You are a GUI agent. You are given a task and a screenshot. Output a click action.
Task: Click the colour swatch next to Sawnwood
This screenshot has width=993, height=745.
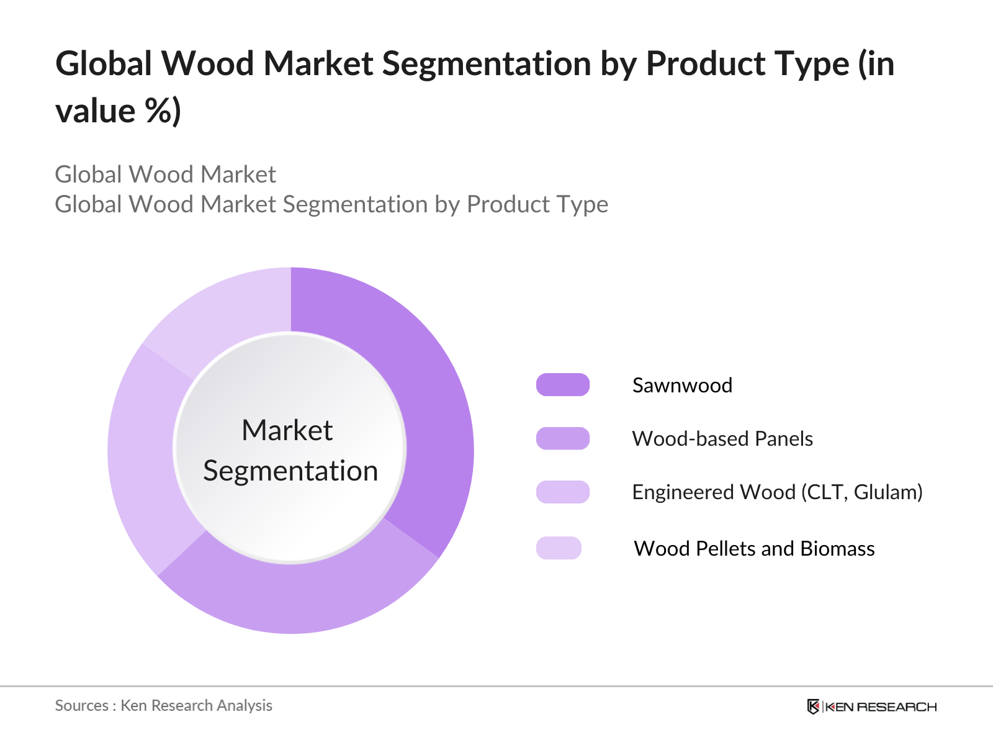pyautogui.click(x=563, y=384)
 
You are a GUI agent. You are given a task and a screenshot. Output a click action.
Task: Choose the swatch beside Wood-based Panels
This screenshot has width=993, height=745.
pyautogui.click(x=563, y=438)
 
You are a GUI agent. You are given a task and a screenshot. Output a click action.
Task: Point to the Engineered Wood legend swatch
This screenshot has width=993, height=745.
pyautogui.click(x=563, y=492)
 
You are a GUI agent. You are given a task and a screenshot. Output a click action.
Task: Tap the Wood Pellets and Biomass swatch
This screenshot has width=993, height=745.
pyautogui.click(x=559, y=548)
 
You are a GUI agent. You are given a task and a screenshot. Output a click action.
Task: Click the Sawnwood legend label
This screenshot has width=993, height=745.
pyautogui.click(x=682, y=386)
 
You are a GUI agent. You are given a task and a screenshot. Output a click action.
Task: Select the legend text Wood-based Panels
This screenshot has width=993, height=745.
pyautogui.click(x=722, y=439)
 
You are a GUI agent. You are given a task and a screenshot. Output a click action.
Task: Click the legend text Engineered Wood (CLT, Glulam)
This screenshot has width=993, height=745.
pyautogui.click(x=777, y=492)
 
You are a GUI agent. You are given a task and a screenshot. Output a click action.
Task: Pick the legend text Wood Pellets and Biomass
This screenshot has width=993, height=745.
pyautogui.click(x=754, y=549)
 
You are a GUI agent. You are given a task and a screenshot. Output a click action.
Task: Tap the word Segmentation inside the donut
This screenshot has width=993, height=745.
pyautogui.click(x=290, y=471)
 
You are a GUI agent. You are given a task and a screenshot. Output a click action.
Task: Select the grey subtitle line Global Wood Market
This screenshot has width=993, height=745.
pyautogui.click(x=165, y=174)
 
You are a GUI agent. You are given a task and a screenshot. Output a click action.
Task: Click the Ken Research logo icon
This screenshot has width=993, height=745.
pyautogui.click(x=813, y=707)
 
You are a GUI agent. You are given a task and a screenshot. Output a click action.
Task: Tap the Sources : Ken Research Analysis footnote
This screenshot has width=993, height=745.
pyautogui.click(x=163, y=706)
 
